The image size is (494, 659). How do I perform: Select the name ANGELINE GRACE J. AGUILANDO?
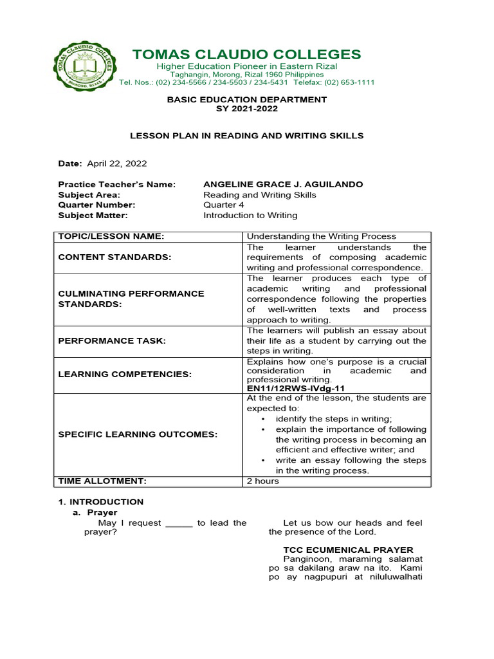click(x=283, y=185)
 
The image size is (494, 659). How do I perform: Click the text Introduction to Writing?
click(x=250, y=216)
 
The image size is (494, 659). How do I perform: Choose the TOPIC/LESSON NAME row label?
click(x=111, y=237)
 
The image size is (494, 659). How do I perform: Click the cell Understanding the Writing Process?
click(x=322, y=237)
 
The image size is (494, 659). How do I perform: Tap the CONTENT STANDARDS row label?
click(x=115, y=257)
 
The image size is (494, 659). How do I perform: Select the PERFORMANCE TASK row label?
click(x=112, y=341)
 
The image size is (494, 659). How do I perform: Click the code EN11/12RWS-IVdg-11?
click(x=296, y=389)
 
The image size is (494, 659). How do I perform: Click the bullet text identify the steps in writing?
click(x=334, y=419)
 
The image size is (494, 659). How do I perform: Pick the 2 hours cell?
click(x=263, y=481)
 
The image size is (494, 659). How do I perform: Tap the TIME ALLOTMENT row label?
click(x=103, y=481)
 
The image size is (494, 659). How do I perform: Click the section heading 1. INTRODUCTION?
click(x=101, y=502)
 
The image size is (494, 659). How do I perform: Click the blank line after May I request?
click(x=179, y=523)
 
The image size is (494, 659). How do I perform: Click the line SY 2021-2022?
click(x=247, y=109)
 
